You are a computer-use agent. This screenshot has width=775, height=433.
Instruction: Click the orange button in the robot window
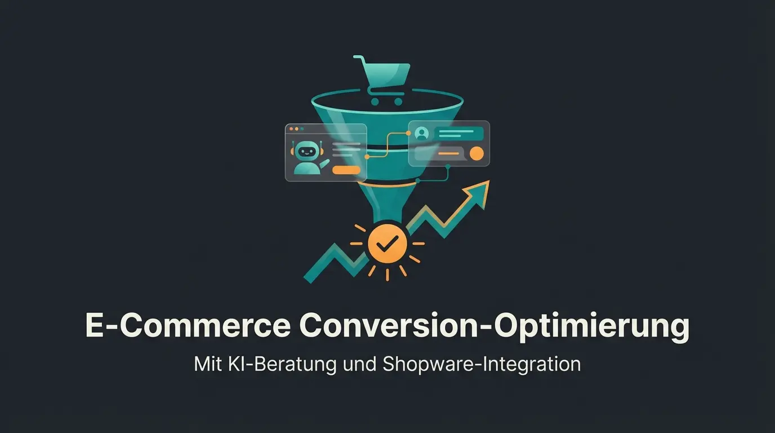346,170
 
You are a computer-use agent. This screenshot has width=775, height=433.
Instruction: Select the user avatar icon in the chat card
421,134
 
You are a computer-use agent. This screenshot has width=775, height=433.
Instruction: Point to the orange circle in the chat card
477,153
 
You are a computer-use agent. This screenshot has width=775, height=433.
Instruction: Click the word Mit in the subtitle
207,364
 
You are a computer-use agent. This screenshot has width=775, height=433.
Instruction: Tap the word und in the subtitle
360,364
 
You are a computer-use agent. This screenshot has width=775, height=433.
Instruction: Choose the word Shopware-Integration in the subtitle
482,364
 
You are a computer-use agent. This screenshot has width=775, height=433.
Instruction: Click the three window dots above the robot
296,129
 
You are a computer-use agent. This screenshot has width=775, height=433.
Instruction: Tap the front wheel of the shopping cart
399,102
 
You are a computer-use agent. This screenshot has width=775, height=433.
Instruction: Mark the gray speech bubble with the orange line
439,153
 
